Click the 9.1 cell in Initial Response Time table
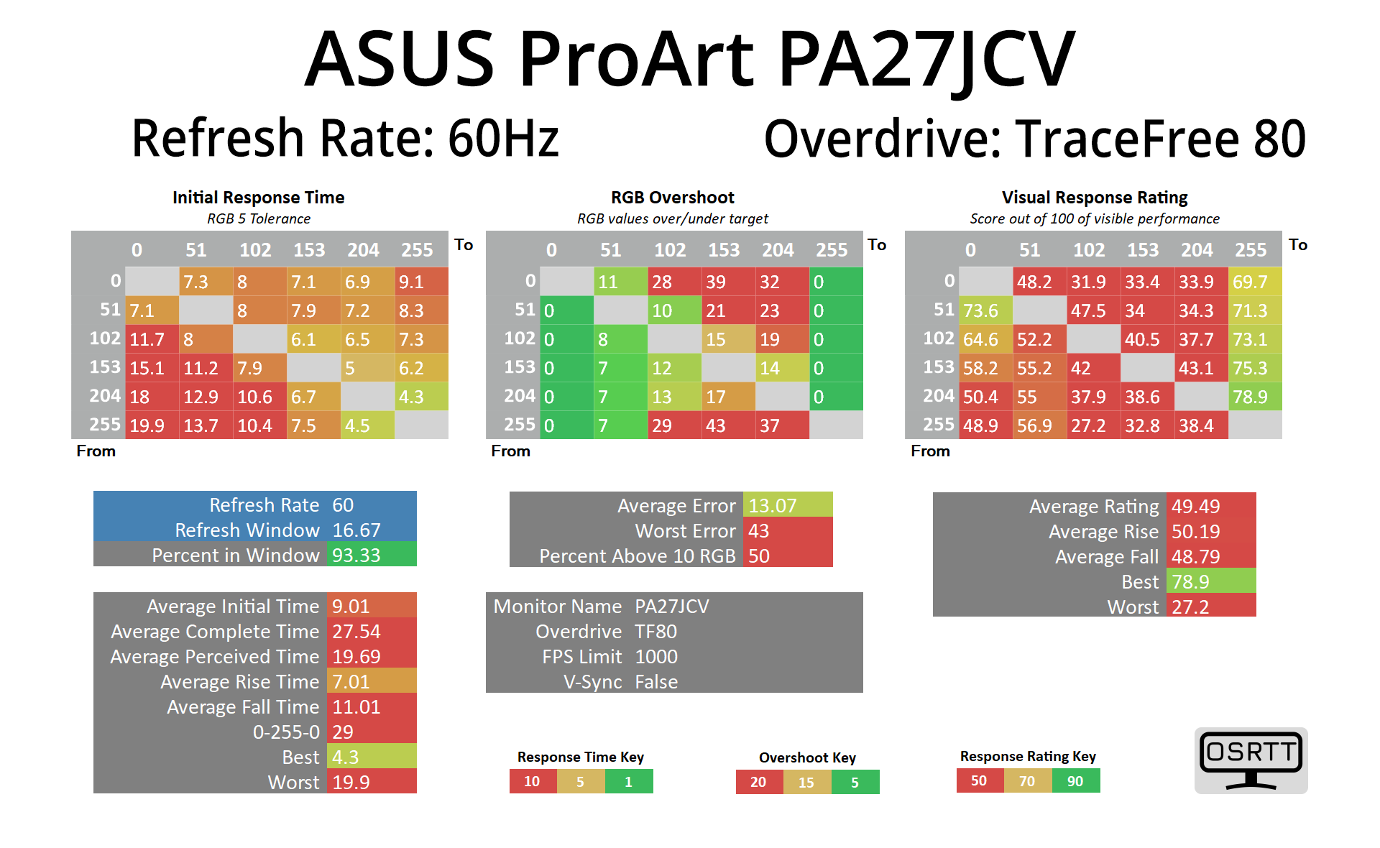[x=421, y=282]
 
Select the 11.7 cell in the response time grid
[x=152, y=339]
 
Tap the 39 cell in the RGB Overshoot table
[x=728, y=282]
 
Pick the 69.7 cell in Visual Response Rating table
[x=1255, y=282]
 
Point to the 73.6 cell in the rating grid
[x=985, y=310]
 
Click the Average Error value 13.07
[x=787, y=506]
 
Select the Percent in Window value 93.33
[x=372, y=555]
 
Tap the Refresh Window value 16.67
[x=372, y=530]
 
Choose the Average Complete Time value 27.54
[x=372, y=632]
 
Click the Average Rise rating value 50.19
[x=1211, y=532]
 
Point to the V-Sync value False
[x=656, y=682]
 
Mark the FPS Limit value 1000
[x=656, y=657]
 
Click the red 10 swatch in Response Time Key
[x=533, y=781]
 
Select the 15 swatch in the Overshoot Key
[x=807, y=782]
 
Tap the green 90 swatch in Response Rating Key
[x=1075, y=781]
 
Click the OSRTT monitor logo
[x=1251, y=760]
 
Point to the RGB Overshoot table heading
[x=673, y=198]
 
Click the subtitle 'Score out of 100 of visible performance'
[x=1095, y=218]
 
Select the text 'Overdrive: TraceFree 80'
[x=1035, y=139]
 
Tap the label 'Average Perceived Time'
[x=215, y=657]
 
